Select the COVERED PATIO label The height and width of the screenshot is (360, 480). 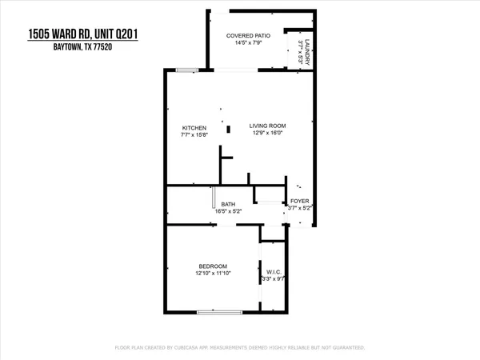pos(245,35)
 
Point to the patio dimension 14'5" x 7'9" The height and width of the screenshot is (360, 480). pos(245,43)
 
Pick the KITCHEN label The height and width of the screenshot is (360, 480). pos(194,128)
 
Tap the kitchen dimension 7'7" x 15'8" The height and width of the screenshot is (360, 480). pos(194,136)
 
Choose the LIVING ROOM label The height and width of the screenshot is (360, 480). pos(267,126)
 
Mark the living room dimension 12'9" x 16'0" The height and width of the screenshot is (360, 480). pos(267,134)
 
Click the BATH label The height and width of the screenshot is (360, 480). pos(228,204)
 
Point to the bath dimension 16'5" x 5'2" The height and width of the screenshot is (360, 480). pos(228,212)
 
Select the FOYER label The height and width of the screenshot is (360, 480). pos(299,201)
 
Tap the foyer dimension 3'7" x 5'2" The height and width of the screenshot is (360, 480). pos(299,209)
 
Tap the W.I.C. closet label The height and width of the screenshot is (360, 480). pos(271,272)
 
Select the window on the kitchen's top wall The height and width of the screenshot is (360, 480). pos(189,70)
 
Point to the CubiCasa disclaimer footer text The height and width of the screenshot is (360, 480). pos(240,348)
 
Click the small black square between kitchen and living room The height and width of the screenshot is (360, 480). pos(228,128)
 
